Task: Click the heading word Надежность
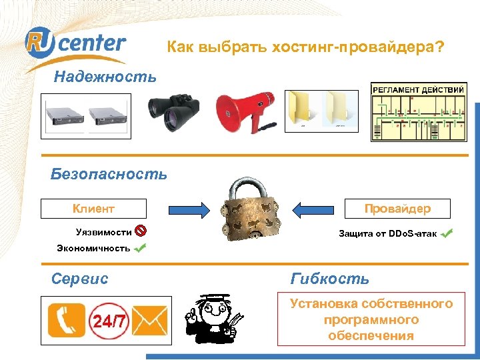pyautogui.click(x=105, y=76)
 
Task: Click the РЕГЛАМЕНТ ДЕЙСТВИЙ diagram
pyautogui.click(x=419, y=112)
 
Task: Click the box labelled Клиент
pyautogui.click(x=93, y=209)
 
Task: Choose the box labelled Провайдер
pyautogui.click(x=397, y=209)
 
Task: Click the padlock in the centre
pyautogui.click(x=250, y=212)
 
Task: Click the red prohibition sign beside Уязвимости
pyautogui.click(x=141, y=232)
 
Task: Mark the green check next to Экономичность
pyautogui.click(x=141, y=249)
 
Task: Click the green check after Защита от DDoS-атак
pyautogui.click(x=447, y=233)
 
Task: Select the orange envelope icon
pyautogui.click(x=150, y=321)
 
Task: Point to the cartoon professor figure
pyautogui.click(x=215, y=318)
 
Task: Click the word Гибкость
pyautogui.click(x=329, y=279)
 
